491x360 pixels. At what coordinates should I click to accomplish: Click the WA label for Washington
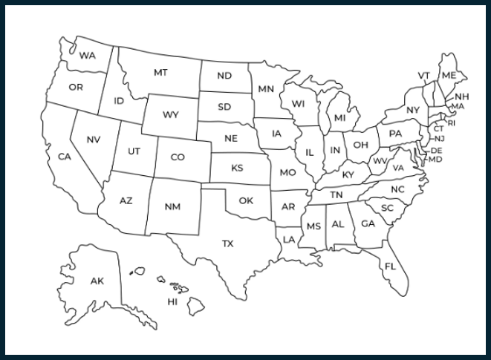coord(88,56)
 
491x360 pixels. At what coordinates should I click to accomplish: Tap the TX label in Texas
coord(228,243)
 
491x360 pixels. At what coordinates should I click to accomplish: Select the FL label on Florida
coord(391,266)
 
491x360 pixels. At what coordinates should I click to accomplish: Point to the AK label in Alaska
coord(97,281)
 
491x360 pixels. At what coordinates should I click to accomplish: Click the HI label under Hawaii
coord(172,302)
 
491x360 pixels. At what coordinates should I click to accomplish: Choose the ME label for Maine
coord(449,76)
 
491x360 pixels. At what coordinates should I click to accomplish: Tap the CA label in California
coord(65,157)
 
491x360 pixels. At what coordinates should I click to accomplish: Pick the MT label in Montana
coord(160,73)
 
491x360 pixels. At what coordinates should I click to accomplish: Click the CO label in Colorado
coord(178,157)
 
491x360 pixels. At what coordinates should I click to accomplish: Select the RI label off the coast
coord(452,123)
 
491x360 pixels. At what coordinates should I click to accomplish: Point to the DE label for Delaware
coord(437,151)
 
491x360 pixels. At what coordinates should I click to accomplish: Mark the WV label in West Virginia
coord(380,161)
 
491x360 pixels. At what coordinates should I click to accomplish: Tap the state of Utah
coord(134,151)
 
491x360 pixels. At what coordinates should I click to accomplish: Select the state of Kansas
coord(237,168)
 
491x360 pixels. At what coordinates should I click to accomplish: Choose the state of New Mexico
coord(172,206)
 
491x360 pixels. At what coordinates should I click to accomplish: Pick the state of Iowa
coord(277,134)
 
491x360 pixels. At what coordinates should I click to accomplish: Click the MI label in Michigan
coord(340,118)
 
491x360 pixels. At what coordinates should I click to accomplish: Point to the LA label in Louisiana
coord(289,239)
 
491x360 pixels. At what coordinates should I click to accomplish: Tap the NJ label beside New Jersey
coord(440,139)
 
